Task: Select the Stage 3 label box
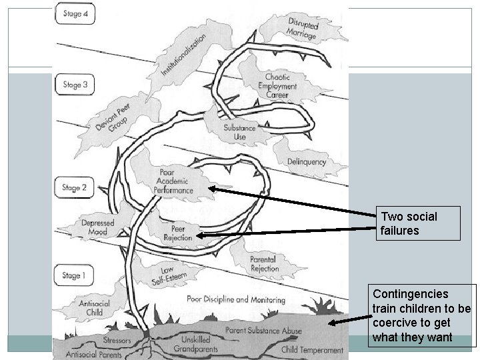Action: coord(75,85)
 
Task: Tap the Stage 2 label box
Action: coord(75,188)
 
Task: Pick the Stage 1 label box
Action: coord(75,275)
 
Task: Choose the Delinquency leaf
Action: coord(307,161)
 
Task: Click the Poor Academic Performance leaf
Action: coord(173,181)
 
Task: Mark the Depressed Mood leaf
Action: coord(97,227)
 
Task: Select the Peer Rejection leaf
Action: coord(177,232)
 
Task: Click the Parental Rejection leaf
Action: coord(264,263)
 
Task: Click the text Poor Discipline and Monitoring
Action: coord(226,300)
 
